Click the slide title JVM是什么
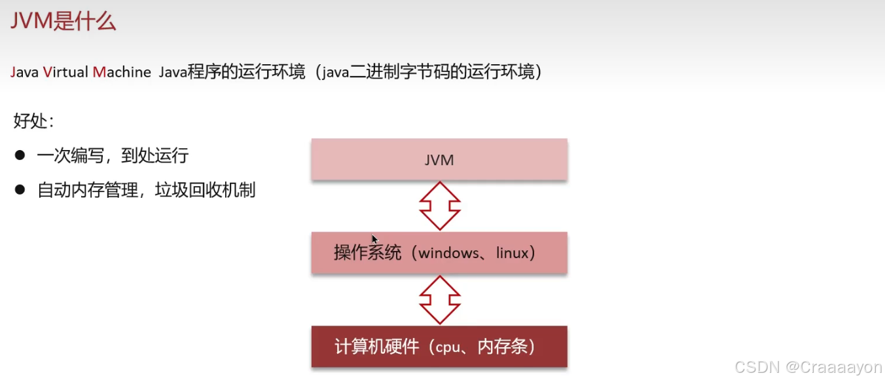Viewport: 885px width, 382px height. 63,22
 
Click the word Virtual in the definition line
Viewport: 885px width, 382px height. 65,72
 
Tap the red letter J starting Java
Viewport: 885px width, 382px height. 13,72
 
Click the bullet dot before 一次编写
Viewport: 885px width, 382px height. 20,155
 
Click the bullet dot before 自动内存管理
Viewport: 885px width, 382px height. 20,190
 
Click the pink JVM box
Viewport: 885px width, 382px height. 439,159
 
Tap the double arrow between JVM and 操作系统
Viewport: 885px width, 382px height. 439,205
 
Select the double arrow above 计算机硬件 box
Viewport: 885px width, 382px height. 439,299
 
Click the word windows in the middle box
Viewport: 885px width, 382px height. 449,253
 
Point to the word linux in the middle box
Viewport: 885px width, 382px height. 511,253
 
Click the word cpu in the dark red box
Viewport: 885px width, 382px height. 448,347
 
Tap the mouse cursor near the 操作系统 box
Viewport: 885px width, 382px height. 374,239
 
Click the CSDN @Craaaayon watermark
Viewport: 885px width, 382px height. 808,368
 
